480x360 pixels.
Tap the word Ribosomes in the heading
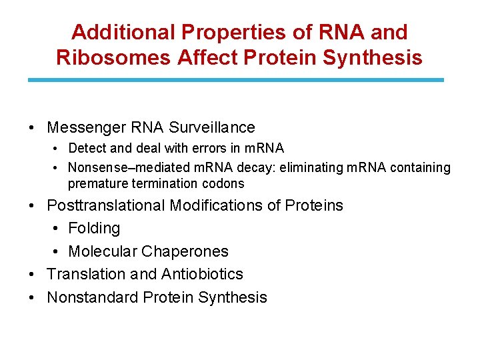pos(114,57)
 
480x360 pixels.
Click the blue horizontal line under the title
pos(235,80)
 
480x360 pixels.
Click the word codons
pos(223,183)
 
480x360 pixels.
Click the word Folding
pos(94,229)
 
